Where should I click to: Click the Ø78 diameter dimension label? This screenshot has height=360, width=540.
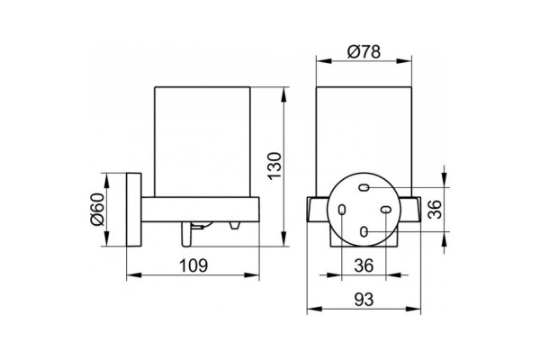coord(364,51)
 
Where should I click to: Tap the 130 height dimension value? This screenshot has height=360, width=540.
coord(274,165)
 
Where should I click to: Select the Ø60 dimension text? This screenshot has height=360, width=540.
coord(97,209)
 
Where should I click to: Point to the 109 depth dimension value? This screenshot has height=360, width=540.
coord(193,265)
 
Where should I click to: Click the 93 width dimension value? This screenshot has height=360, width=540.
coord(364,300)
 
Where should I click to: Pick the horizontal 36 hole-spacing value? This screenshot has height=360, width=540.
coord(364,265)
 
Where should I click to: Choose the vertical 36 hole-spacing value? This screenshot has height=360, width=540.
coord(435,209)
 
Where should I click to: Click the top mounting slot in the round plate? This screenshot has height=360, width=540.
coord(364,188)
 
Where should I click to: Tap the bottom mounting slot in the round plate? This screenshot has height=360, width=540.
coord(364,231)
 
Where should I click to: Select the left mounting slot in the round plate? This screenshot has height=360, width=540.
coord(342,210)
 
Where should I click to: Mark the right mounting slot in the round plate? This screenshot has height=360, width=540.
coord(386,210)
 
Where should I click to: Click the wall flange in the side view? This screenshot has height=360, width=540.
coord(134,210)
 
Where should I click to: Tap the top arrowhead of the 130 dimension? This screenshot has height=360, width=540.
coord(283,94)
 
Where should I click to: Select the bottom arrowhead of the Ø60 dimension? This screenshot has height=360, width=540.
coord(106,239)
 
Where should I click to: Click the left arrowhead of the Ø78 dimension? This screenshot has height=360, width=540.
coord(324,61)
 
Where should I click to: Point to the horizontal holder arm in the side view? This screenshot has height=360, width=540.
coord(200,210)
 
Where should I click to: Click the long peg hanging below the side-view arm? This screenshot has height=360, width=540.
coord(186,234)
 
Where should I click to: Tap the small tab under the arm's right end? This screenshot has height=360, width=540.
coord(235,226)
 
